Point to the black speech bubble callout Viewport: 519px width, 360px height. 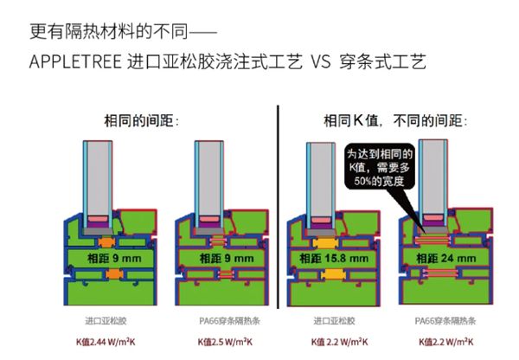click(381, 164)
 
